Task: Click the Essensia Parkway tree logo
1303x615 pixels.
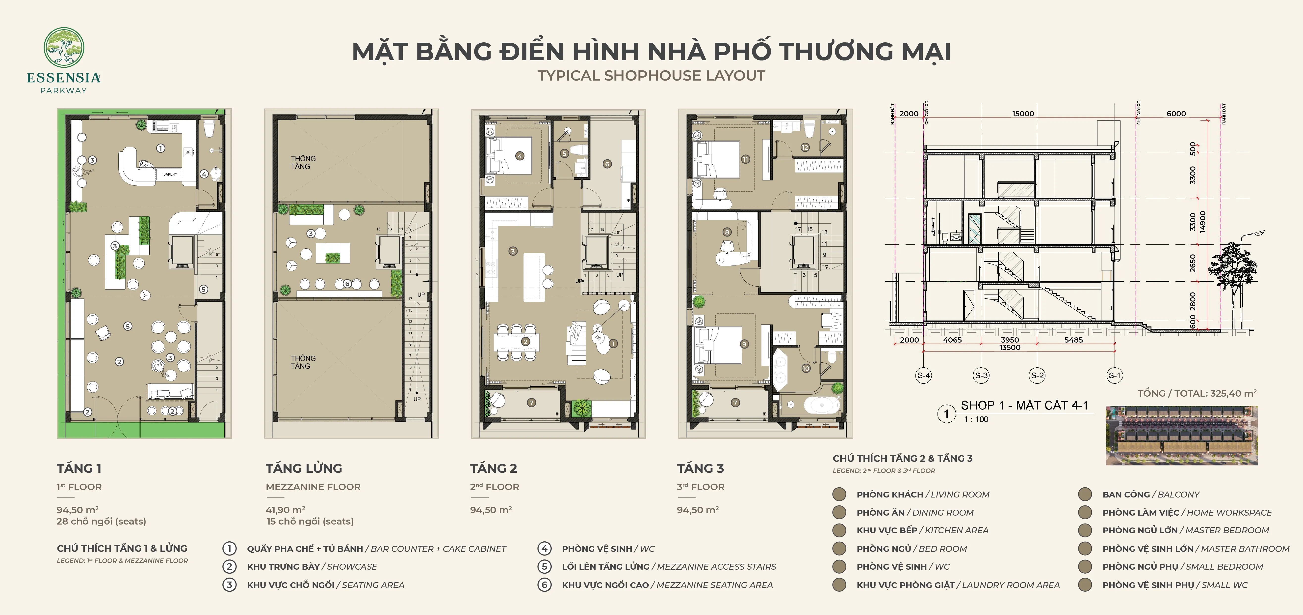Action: tap(64, 47)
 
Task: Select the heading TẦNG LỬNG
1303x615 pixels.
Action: tap(304, 468)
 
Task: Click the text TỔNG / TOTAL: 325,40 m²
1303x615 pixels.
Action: tap(1197, 393)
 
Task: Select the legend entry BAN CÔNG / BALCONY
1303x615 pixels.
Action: tap(1151, 495)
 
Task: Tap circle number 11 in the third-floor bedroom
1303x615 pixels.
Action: tap(745, 159)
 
